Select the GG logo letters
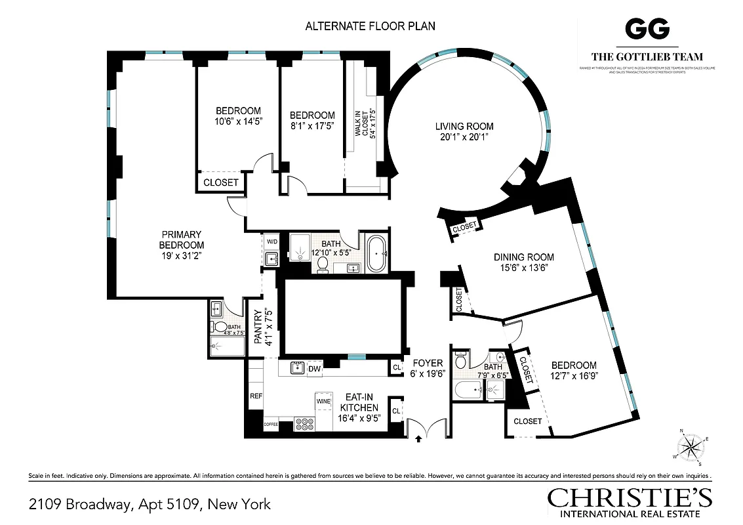pos(647,29)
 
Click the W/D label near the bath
pos(272,242)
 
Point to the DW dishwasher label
pos(314,369)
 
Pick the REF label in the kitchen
pos(256,396)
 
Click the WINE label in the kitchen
pos(323,400)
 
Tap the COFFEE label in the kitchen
pos(271,425)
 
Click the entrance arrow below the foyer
pos(418,442)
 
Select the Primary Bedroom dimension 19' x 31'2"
pos(173,256)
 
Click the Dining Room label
pos(524,257)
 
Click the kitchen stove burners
pos(305,424)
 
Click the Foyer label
pos(428,363)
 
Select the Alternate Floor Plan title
pos(371,26)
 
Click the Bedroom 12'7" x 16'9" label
pos(573,366)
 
